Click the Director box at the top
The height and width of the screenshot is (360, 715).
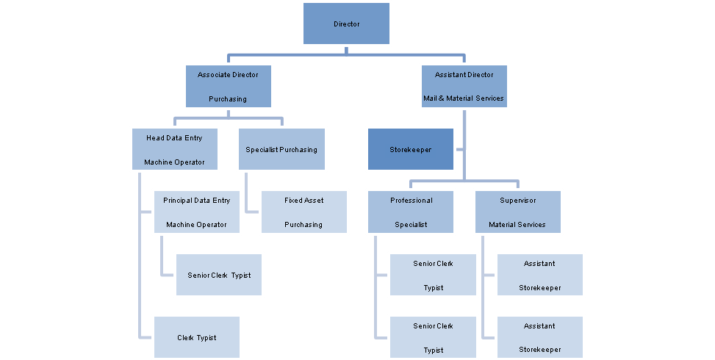346,24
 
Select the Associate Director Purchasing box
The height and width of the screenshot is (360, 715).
228,87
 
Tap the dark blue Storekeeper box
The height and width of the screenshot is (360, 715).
411,149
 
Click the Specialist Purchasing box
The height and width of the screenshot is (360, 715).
281,149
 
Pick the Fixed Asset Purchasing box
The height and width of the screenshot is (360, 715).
303,212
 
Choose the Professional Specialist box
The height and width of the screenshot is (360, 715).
411,212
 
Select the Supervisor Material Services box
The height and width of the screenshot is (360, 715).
517,212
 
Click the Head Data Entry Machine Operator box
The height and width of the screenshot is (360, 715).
174,149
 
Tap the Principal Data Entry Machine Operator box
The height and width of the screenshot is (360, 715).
196,212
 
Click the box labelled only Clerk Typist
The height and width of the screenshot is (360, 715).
196,337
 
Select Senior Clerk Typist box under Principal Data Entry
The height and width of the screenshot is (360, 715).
219,275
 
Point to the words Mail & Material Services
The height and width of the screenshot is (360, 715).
464,98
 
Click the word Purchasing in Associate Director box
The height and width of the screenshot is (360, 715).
228,98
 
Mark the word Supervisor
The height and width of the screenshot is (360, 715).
517,201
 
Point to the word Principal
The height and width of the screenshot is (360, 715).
177,201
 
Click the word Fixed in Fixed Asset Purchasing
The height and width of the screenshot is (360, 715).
293,201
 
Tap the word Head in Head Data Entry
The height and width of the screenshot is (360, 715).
154,138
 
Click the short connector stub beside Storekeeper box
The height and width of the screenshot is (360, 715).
459,149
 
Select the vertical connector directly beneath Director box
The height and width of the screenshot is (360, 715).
346,49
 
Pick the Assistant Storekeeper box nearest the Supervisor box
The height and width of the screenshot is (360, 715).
540,275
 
